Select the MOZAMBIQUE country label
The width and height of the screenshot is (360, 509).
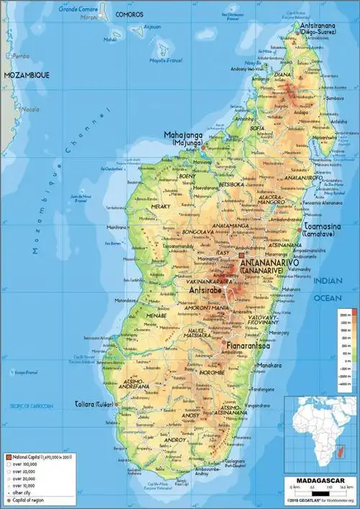click(24, 74)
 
